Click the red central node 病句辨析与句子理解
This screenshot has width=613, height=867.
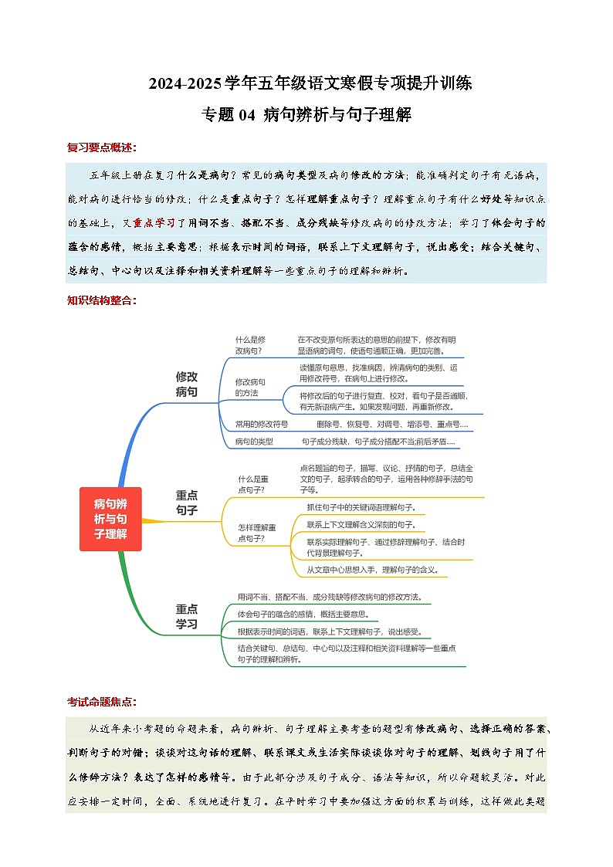[110, 519]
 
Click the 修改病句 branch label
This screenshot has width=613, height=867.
[187, 384]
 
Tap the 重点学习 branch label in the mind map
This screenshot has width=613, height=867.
[187, 616]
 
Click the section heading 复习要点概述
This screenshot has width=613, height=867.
[101, 147]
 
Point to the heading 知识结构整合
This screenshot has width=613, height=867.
[101, 300]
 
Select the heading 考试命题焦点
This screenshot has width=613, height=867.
[101, 702]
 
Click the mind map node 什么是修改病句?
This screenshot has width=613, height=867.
[251, 345]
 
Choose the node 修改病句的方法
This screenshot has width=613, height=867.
[250, 388]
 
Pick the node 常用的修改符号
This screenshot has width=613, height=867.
[262, 425]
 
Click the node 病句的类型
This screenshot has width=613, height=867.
[254, 442]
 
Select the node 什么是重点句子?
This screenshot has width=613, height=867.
[252, 483]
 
